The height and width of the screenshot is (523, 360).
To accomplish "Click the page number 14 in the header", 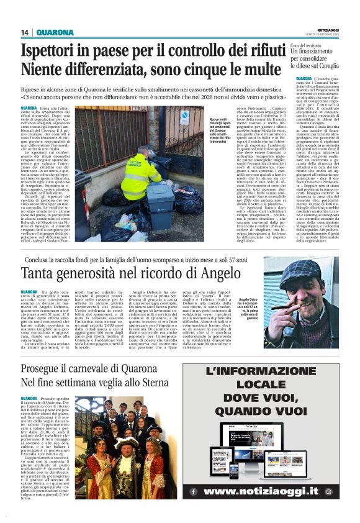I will point(25,32).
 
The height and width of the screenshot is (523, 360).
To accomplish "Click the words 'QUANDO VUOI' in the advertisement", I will point(270,411).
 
